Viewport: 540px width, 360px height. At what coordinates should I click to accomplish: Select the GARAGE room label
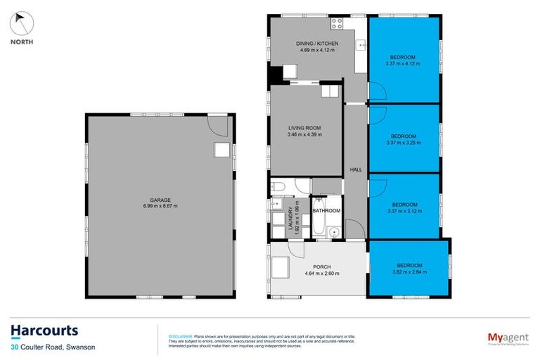tap(161, 200)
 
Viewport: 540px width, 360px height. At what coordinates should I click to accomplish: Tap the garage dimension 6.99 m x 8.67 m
tap(161, 206)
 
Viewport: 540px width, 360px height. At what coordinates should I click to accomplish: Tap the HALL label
tap(355, 169)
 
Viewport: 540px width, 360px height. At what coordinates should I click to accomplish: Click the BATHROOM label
tap(326, 211)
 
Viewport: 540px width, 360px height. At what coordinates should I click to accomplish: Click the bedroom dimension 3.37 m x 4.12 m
tap(403, 63)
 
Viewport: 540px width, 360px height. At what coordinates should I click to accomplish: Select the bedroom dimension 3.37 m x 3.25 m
tap(403, 142)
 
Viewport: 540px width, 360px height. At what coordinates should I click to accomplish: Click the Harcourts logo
tap(44, 330)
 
